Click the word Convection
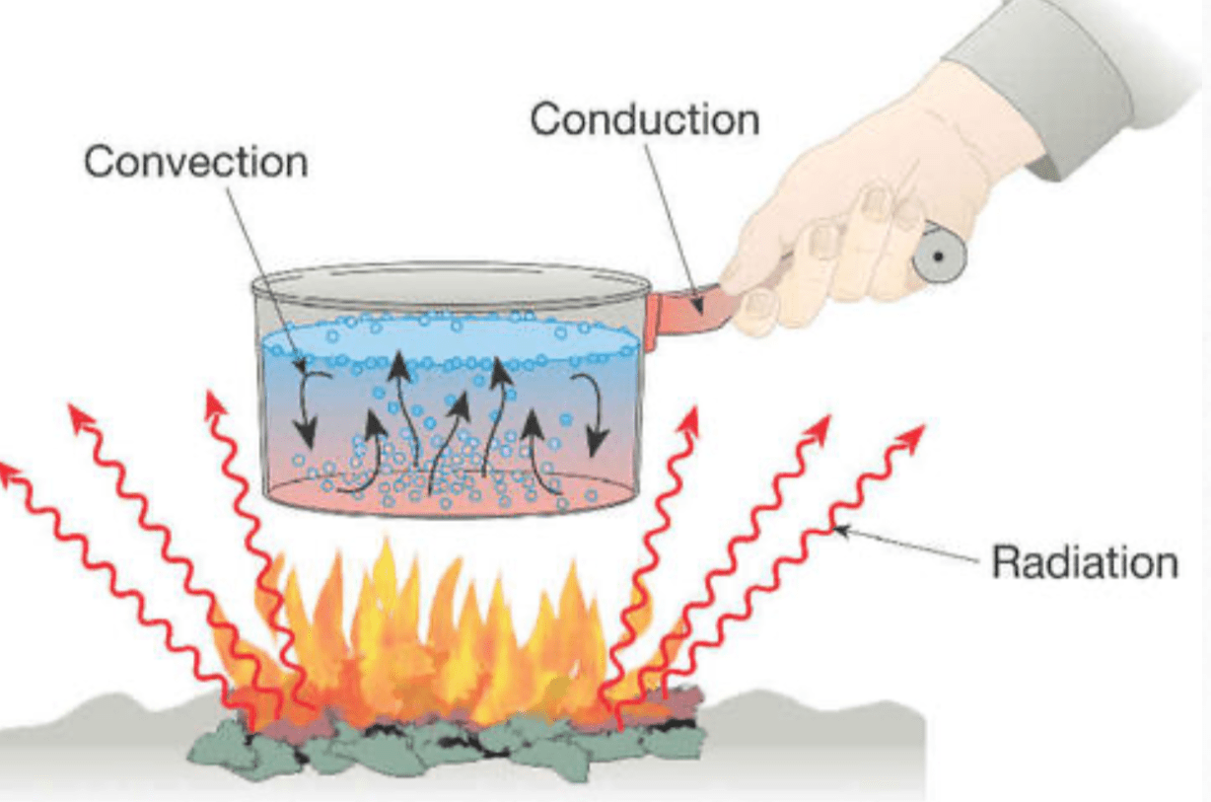[x=195, y=162]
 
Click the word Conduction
[x=644, y=119]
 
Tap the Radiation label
[x=1085, y=562]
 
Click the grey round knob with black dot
[x=939, y=255]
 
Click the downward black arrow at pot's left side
[x=310, y=408]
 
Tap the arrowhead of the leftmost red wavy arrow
[x=10, y=472]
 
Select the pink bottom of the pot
[x=449, y=493]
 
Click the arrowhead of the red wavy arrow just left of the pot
[x=215, y=402]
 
